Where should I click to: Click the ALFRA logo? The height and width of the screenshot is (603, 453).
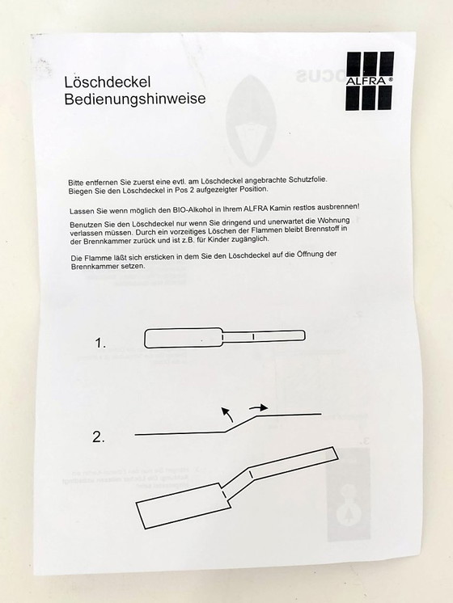click(x=369, y=81)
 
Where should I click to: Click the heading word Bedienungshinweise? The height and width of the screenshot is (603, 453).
click(x=134, y=99)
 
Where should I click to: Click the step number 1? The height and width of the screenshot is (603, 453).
click(x=100, y=344)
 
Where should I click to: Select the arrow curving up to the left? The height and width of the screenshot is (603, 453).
click(x=228, y=415)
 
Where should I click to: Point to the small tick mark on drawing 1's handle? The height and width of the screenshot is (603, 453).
click(x=253, y=335)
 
